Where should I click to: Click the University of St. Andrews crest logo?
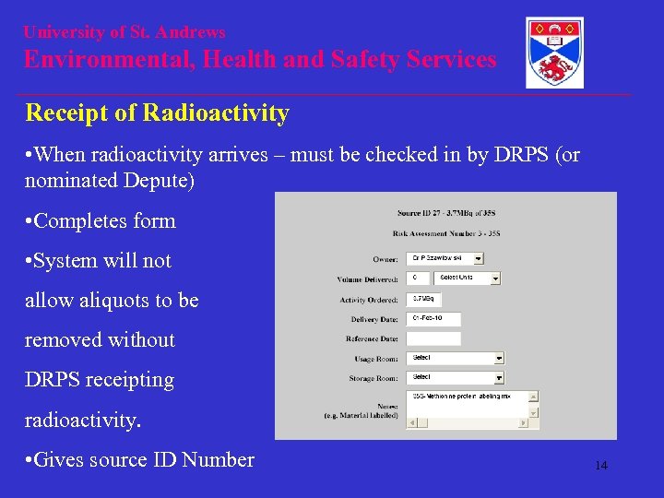click(554, 53)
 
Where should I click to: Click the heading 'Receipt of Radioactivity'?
click(157, 113)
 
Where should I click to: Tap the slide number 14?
click(600, 466)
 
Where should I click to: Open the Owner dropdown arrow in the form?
click(480, 259)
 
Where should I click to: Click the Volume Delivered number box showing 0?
click(421, 278)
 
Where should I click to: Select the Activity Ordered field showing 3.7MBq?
click(424, 299)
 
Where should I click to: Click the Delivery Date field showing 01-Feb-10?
click(433, 318)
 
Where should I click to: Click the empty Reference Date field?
click(433, 338)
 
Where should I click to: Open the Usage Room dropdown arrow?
click(499, 358)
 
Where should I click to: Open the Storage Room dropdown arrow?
click(499, 378)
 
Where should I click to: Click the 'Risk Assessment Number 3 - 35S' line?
click(445, 234)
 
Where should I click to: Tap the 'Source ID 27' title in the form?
click(446, 215)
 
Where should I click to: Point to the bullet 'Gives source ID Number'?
click(143, 459)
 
